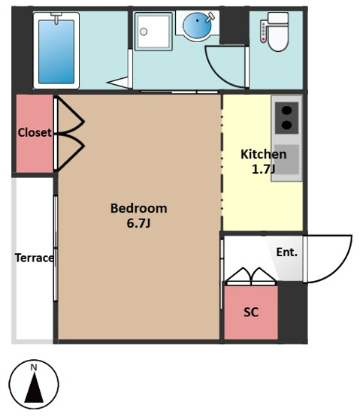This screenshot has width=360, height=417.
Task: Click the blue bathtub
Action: pyautogui.click(x=56, y=51)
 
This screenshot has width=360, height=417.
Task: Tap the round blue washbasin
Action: pyautogui.click(x=197, y=26)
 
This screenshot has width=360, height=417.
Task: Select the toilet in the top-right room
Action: pyautogui.click(x=277, y=32)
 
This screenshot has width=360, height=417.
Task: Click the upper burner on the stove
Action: pyautogui.click(x=286, y=110)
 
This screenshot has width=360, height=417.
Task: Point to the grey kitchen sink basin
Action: pyautogui.click(x=286, y=159)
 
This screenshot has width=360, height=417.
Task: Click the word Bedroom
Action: pyautogui.click(x=138, y=208)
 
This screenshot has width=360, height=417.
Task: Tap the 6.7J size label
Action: pyautogui.click(x=138, y=223)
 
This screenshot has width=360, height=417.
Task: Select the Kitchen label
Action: pyautogui.click(x=263, y=154)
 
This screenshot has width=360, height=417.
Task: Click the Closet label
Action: pyautogui.click(x=35, y=132)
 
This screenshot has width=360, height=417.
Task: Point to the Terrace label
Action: pyautogui.click(x=34, y=258)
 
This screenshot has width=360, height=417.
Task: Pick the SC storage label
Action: pyautogui.click(x=251, y=313)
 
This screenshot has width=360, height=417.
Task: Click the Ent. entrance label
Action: pyautogui.click(x=286, y=252)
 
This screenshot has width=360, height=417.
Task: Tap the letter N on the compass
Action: pyautogui.click(x=34, y=367)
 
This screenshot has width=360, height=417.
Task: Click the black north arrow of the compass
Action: pyautogui.click(x=34, y=387)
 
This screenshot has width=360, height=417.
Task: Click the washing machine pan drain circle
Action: pyautogui.click(x=144, y=32)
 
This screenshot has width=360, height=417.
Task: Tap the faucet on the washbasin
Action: pyautogui.click(x=210, y=17)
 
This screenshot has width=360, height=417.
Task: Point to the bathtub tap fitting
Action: pyautogui.click(x=56, y=17)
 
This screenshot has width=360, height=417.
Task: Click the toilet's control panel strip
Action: pyautogui.click(x=263, y=32)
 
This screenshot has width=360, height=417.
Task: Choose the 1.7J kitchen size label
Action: pyautogui.click(x=263, y=169)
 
